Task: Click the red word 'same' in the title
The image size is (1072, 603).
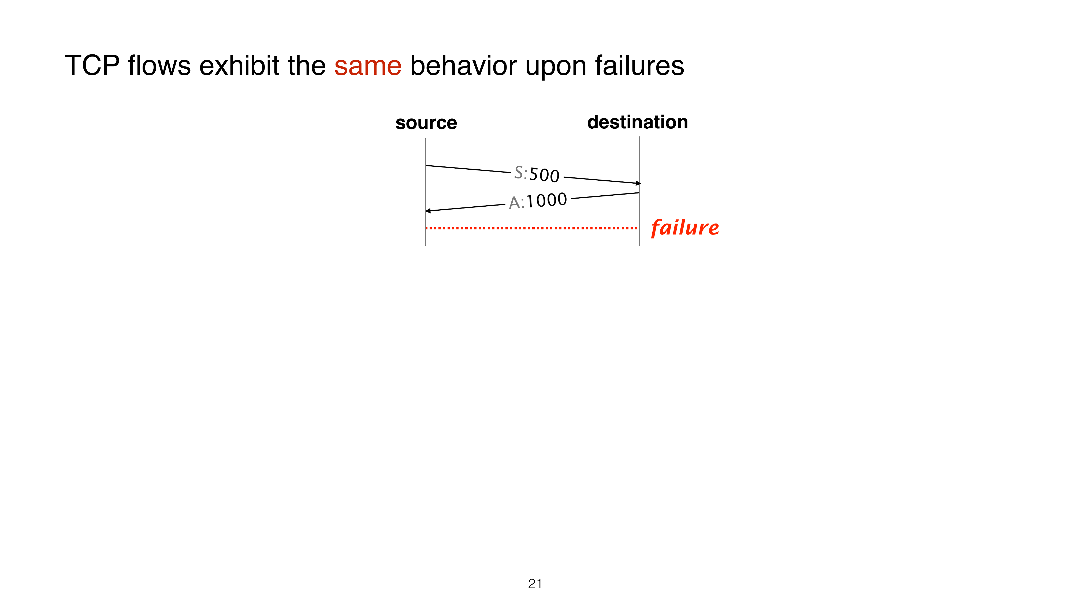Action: (x=368, y=66)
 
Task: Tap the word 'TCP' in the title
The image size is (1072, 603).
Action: (x=92, y=65)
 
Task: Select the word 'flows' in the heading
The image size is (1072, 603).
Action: (x=159, y=65)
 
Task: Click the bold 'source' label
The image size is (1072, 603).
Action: (x=426, y=123)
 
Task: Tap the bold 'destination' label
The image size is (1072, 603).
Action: (x=638, y=122)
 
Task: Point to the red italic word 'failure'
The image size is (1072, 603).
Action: (x=685, y=228)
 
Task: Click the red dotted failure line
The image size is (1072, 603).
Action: (x=531, y=228)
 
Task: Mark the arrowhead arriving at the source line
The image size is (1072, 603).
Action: (x=428, y=211)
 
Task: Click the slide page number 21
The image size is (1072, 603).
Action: (x=535, y=584)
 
